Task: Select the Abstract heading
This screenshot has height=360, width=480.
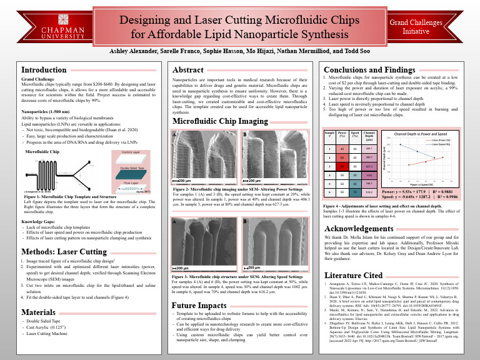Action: (188, 70)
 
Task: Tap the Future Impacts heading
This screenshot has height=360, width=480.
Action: (198, 306)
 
